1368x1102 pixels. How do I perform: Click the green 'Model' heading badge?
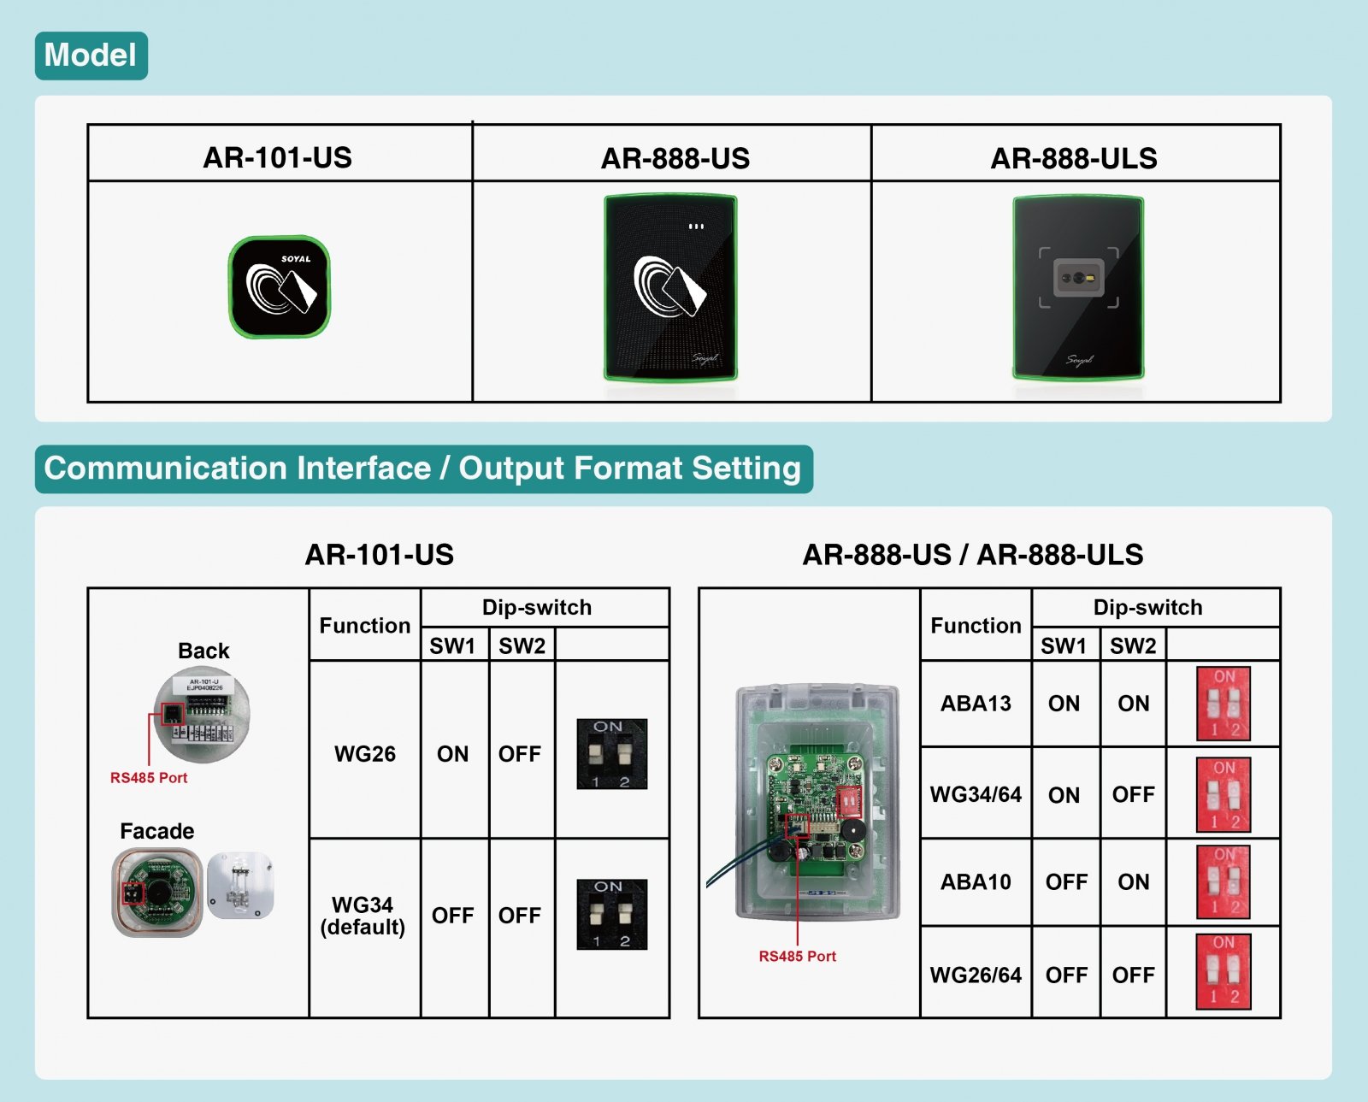[x=91, y=56]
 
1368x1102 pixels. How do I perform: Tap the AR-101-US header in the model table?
[x=277, y=157]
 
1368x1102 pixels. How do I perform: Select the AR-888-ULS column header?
[x=1073, y=158]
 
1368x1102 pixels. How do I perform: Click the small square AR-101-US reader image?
[x=280, y=287]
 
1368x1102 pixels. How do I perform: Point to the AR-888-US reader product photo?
[x=670, y=288]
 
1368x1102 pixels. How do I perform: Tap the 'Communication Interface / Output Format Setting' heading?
[x=422, y=468]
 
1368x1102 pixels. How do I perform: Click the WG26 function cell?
[x=364, y=754]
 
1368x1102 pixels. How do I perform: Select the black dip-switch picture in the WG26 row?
[x=611, y=754]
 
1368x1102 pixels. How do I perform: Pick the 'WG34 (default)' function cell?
[x=363, y=916]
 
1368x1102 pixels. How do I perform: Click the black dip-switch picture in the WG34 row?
[x=611, y=914]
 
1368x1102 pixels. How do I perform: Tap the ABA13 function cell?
[x=976, y=704]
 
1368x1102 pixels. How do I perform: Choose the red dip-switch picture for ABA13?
[x=1223, y=704]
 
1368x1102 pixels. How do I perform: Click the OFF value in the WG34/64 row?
[x=1133, y=795]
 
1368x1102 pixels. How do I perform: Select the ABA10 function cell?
[x=976, y=882]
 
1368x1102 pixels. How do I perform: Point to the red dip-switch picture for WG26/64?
[x=1223, y=972]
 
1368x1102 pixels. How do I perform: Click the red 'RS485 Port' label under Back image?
[x=149, y=778]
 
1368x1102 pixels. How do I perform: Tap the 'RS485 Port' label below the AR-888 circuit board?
[x=797, y=957]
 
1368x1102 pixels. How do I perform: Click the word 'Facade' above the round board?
[x=156, y=831]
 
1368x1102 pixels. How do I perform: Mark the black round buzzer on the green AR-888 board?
[x=851, y=830]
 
